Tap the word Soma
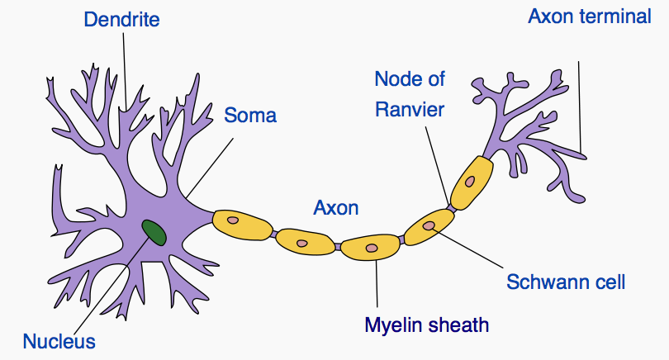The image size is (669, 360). (x=250, y=115)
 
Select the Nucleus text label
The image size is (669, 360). (x=59, y=340)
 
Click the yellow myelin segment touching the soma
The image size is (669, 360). (x=242, y=223)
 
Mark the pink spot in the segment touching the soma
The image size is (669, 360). (x=233, y=220)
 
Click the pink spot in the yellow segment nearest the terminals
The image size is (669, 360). (x=469, y=180)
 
